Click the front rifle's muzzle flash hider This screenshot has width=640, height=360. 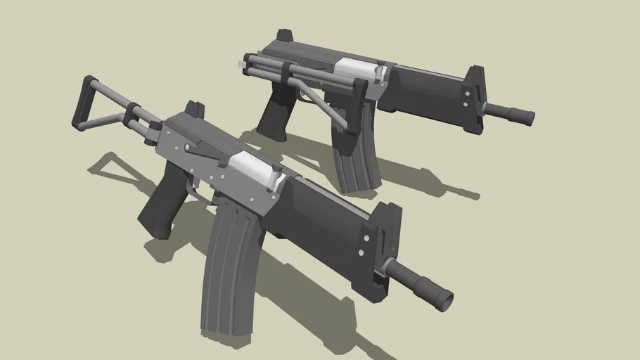[x=433, y=291]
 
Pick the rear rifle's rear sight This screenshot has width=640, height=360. [x=286, y=35]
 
